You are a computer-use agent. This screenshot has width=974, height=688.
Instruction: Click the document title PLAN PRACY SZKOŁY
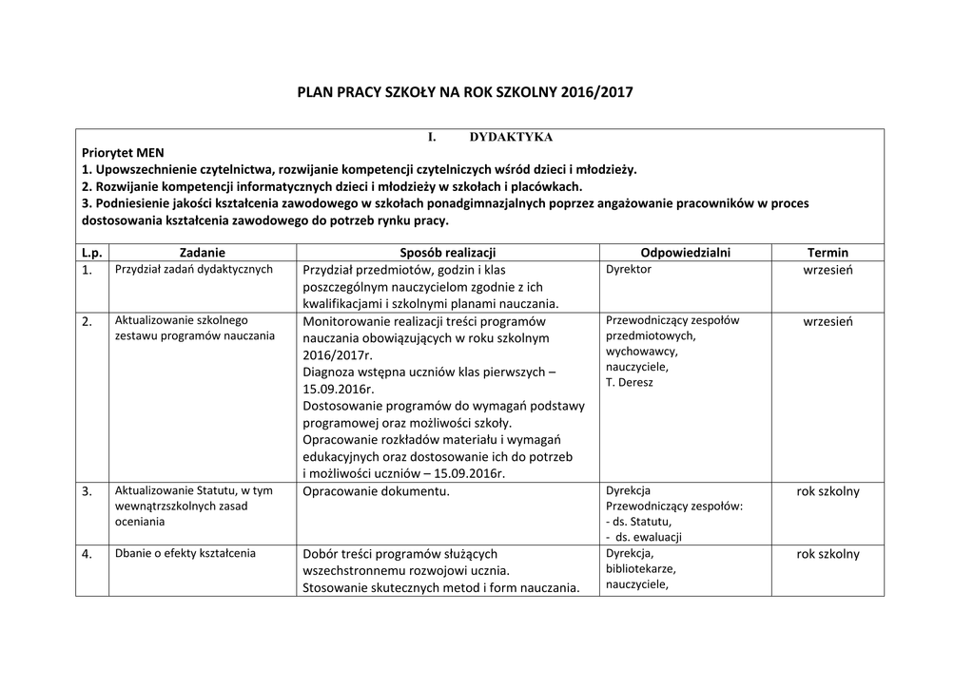pyautogui.click(x=464, y=93)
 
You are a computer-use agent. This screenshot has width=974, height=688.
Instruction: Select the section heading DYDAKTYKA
pyautogui.click(x=511, y=138)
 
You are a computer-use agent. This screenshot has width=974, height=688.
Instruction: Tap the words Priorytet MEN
pyautogui.click(x=123, y=152)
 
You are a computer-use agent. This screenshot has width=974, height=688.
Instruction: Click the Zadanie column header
pyautogui.click(x=203, y=253)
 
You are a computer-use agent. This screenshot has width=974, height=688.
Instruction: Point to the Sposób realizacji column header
pyautogui.click(x=448, y=253)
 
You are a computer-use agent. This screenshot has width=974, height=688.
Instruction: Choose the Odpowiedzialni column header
pyautogui.click(x=685, y=253)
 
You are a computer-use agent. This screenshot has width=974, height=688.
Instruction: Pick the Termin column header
pyautogui.click(x=828, y=253)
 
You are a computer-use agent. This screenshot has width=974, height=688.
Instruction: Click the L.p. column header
pyautogui.click(x=92, y=253)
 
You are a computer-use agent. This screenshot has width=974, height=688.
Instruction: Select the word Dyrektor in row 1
pyautogui.click(x=629, y=269)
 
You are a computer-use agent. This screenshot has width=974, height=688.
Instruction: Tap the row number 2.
pyautogui.click(x=88, y=322)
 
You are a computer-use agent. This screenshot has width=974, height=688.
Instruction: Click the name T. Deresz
pyautogui.click(x=630, y=382)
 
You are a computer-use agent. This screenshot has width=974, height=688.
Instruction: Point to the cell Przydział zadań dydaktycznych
pyautogui.click(x=194, y=269)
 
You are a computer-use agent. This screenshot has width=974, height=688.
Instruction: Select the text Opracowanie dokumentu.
pyautogui.click(x=376, y=491)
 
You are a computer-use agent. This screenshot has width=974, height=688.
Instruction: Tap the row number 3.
pyautogui.click(x=88, y=491)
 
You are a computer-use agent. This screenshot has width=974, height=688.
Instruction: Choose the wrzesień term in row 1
pyautogui.click(x=828, y=270)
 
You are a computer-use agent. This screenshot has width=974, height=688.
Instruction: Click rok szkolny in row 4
pyautogui.click(x=828, y=554)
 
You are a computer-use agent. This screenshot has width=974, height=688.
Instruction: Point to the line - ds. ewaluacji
pyautogui.click(x=643, y=537)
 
